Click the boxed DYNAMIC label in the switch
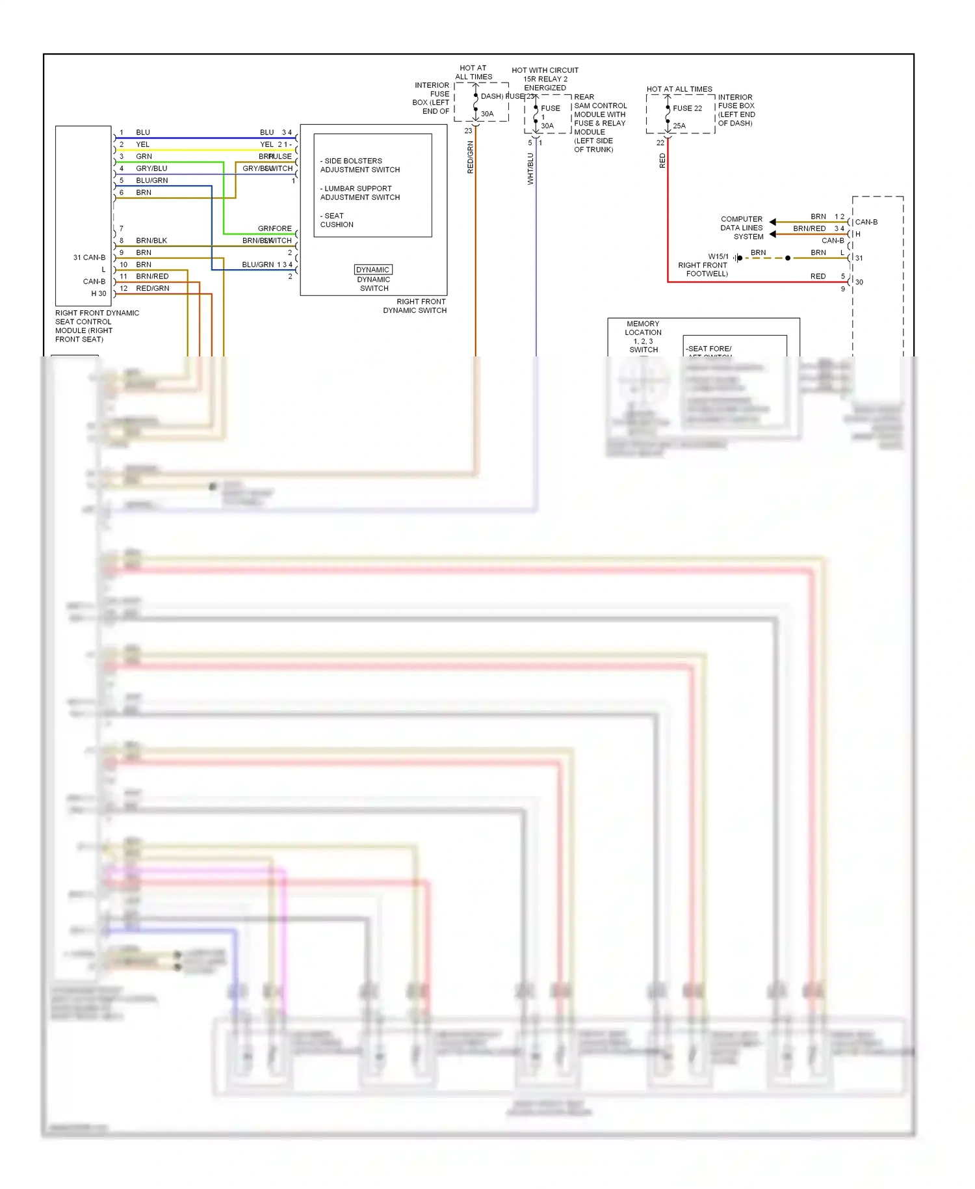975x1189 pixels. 373,269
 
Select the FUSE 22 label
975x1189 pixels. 687,108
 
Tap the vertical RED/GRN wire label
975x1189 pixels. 470,157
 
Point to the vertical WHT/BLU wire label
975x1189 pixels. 530,168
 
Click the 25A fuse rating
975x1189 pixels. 679,126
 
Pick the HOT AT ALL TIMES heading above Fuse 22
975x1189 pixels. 679,89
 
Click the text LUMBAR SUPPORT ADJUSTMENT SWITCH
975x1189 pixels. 359,193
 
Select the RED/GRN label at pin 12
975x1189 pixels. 153,288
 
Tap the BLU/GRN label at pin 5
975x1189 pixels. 152,180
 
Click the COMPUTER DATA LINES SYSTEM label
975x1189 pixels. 742,228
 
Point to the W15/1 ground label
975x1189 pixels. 718,256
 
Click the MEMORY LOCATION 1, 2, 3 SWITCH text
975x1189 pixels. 643,336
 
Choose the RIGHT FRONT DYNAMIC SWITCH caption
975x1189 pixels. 415,306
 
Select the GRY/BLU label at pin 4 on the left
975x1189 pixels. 151,168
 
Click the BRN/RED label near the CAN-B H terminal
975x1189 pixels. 809,228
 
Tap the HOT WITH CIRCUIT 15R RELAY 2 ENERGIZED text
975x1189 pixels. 545,79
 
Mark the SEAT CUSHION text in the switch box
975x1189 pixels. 337,220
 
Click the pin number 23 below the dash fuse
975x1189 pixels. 468,131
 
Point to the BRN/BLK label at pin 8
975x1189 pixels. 151,241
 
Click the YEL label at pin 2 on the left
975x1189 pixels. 143,144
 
